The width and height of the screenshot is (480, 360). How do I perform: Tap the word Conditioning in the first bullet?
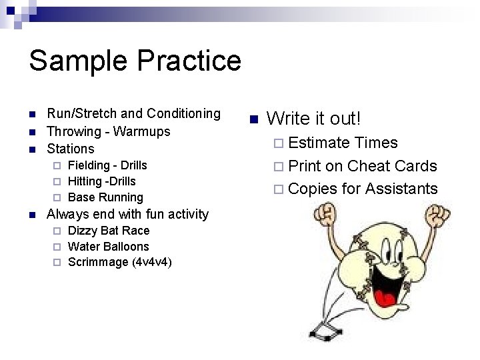point(183,114)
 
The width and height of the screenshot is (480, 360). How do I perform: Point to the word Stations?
point(71,149)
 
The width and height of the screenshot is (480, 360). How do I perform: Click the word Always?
point(67,214)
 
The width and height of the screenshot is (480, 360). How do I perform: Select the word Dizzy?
point(84,231)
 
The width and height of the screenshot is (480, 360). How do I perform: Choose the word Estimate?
point(319,143)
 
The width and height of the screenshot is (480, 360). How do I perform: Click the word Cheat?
point(369,166)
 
